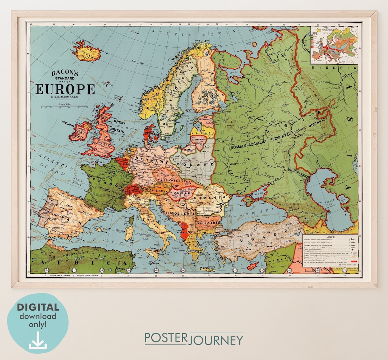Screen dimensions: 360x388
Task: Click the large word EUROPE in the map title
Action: click(x=65, y=89)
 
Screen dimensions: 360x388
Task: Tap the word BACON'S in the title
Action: click(x=65, y=73)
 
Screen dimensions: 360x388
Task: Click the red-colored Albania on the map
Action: click(x=185, y=232)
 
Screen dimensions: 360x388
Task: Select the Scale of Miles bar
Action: click(x=65, y=107)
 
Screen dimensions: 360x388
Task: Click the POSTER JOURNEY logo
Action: click(x=194, y=339)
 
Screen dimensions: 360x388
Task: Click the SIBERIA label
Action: click(x=334, y=68)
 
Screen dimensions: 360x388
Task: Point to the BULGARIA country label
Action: click(x=208, y=223)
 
